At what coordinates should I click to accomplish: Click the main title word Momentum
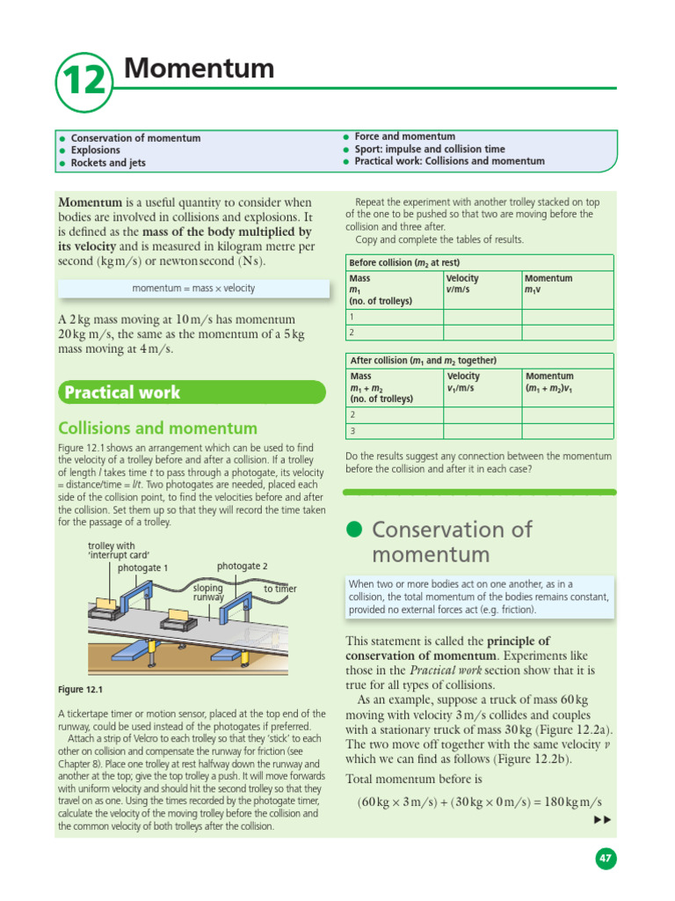pyautogui.click(x=200, y=68)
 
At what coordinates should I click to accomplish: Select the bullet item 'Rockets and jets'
pyautogui.click(x=108, y=163)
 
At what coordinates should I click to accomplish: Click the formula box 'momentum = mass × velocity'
pyautogui.click(x=193, y=289)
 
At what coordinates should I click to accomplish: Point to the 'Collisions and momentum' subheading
pyautogui.click(x=157, y=429)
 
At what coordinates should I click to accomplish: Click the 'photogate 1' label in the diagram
pyautogui.click(x=142, y=568)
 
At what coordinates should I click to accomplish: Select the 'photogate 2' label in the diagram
pyautogui.click(x=242, y=567)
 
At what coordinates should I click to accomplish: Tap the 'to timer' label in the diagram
pyautogui.click(x=279, y=589)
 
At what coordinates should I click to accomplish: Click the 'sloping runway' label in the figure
pyautogui.click(x=209, y=592)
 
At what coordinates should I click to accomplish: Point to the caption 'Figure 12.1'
pyautogui.click(x=80, y=690)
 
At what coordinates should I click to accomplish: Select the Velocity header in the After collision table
pyautogui.click(x=462, y=376)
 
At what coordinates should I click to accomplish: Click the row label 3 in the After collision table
pyautogui.click(x=353, y=431)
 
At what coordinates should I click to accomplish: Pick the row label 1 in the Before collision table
pyautogui.click(x=352, y=317)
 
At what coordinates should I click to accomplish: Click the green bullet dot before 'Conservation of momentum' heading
pyautogui.click(x=353, y=529)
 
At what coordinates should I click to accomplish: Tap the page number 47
pyautogui.click(x=606, y=859)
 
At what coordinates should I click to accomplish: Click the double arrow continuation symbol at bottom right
pyautogui.click(x=602, y=820)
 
